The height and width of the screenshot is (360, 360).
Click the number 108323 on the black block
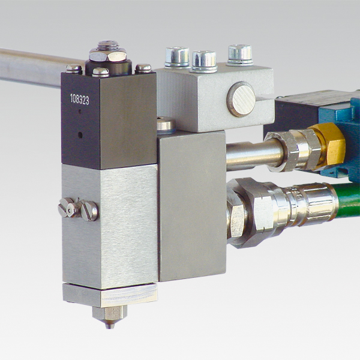click(x=79, y=100)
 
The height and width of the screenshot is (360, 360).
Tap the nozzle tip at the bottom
click(x=110, y=326)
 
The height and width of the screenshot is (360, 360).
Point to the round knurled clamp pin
click(x=241, y=99)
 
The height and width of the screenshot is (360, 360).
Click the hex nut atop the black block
click(x=107, y=55)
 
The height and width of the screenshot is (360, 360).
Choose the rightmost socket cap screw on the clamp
click(x=240, y=55)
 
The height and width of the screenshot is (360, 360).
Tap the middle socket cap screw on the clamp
click(x=204, y=61)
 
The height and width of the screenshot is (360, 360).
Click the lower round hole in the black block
click(x=80, y=134)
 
